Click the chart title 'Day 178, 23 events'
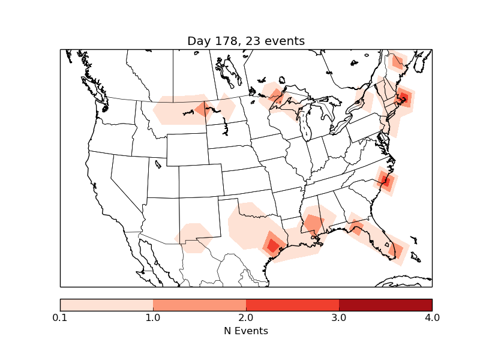click(x=246, y=41)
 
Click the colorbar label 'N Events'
click(x=246, y=331)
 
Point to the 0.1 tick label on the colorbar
click(x=60, y=317)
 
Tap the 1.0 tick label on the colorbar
click(x=153, y=317)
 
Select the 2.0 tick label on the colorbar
click(x=246, y=317)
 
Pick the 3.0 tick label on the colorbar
click(x=339, y=317)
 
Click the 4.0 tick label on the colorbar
click(x=432, y=317)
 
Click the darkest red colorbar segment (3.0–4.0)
click(x=385, y=304)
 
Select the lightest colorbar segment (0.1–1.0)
click(x=107, y=304)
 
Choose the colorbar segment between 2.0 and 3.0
click(x=292, y=304)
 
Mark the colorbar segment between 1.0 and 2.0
click(x=199, y=304)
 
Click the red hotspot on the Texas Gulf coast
click(x=273, y=245)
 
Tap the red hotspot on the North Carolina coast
click(x=386, y=181)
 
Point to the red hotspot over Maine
click(x=404, y=98)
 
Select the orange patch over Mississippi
click(x=313, y=224)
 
